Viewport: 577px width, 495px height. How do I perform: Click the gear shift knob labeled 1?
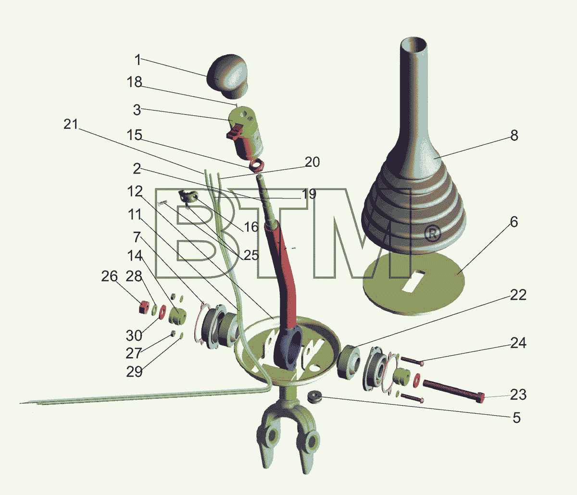[x=227, y=76]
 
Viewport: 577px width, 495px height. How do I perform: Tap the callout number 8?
[x=514, y=136]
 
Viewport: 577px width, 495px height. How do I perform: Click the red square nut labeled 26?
[x=144, y=307]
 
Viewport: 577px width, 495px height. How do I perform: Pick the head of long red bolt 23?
[x=480, y=397]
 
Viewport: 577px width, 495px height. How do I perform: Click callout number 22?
[x=518, y=295]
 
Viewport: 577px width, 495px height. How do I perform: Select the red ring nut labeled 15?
[x=256, y=166]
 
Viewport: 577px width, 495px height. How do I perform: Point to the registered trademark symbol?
[x=432, y=234]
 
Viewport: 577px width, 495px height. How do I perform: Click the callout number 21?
[x=71, y=124]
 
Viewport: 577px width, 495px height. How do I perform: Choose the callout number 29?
[x=134, y=371]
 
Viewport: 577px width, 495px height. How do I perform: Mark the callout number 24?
[x=518, y=343]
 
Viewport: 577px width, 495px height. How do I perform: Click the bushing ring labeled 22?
[x=349, y=362]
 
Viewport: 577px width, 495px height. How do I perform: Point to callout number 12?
[x=135, y=192]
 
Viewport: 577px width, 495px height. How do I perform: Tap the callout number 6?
[x=514, y=222]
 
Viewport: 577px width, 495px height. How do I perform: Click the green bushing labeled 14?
[x=177, y=316]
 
